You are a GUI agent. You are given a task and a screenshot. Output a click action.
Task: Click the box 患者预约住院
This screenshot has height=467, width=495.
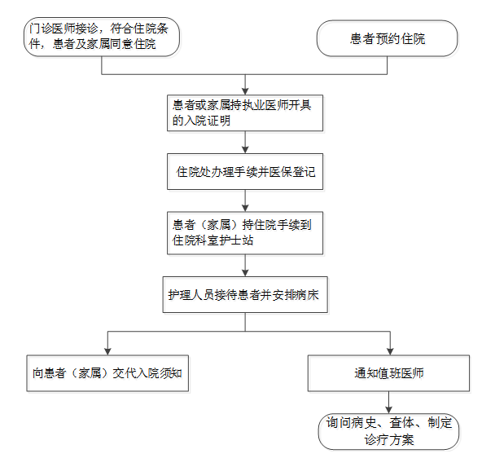point(387,38)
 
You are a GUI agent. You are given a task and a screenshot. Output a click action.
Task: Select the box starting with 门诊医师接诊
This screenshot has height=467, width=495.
point(102,37)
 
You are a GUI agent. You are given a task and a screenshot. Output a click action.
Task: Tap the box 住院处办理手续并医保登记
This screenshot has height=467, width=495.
point(245,172)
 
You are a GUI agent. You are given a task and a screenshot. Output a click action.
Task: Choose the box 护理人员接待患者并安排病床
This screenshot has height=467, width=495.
point(245,295)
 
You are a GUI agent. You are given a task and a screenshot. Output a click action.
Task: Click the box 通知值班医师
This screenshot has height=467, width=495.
point(388,373)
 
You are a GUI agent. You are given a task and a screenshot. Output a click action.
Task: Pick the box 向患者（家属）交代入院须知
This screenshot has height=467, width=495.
point(107,373)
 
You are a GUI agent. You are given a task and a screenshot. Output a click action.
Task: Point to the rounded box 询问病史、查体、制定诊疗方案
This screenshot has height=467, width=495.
point(388,432)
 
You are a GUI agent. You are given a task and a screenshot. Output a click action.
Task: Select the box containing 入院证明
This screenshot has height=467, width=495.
point(245,112)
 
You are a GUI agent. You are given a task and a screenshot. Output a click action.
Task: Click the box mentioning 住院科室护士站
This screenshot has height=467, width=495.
point(245,233)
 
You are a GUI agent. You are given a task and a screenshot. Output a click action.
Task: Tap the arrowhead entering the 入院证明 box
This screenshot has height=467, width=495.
point(245,91)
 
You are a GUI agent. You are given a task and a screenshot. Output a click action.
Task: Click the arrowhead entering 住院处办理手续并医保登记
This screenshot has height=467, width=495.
point(245,150)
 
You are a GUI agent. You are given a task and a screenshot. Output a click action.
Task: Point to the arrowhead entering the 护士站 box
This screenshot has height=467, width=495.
point(245,208)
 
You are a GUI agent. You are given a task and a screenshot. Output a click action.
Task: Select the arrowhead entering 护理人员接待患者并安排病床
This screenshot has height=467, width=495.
point(245,273)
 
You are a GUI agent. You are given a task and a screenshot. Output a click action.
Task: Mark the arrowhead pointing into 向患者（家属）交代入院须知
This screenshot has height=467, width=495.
point(107,351)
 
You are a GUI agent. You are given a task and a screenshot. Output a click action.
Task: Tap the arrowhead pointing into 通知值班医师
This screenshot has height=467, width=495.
point(390,351)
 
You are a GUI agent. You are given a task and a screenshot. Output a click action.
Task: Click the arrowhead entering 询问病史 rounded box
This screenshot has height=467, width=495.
point(388,410)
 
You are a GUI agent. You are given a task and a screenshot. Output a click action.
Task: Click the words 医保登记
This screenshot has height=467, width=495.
point(292,172)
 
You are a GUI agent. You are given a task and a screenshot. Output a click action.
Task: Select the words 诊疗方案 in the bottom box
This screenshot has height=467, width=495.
point(389,440)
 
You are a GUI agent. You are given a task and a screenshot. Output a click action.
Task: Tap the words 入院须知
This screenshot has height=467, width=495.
point(159,373)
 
